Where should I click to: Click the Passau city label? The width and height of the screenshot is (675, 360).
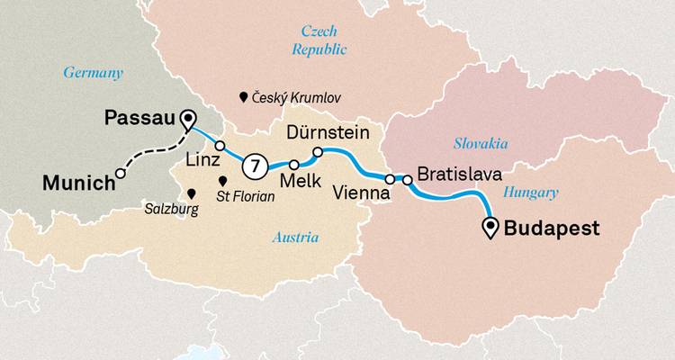(x=139, y=118)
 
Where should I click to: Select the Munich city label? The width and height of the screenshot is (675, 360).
(x=77, y=184)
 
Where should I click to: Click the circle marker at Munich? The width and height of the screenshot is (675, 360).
(x=120, y=175)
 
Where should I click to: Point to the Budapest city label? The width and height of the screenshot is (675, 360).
(x=551, y=229)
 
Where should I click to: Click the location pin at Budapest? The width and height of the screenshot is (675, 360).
(x=491, y=229)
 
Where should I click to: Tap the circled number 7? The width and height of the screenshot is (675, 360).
(x=256, y=166)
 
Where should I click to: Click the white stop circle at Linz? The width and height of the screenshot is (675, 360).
(x=219, y=145)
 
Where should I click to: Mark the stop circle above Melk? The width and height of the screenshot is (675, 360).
(x=294, y=165)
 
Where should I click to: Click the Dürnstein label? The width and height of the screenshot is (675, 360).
(x=328, y=133)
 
